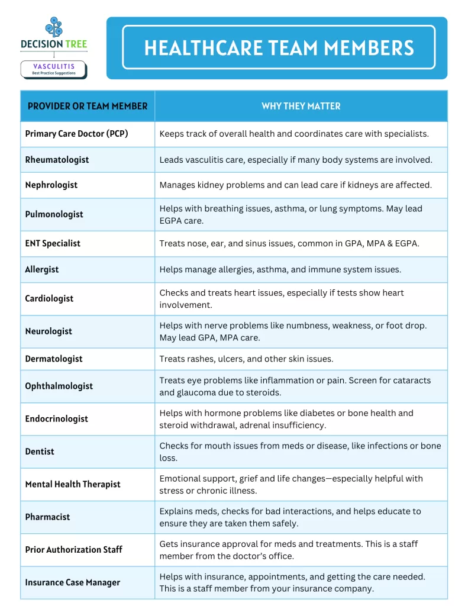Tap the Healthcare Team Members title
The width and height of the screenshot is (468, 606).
pyautogui.click(x=279, y=48)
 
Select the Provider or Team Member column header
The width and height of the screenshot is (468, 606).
pyautogui.click(x=88, y=106)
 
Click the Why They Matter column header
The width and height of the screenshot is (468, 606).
pyautogui.click(x=301, y=106)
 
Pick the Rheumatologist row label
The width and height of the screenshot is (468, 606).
pyautogui.click(x=57, y=159)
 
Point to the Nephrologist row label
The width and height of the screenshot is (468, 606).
pyautogui.click(x=51, y=185)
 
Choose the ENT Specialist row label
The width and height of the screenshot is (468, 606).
pyautogui.click(x=53, y=243)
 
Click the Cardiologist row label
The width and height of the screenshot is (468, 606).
pyautogui.click(x=49, y=298)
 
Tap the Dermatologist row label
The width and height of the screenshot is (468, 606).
pyautogui.click(x=54, y=359)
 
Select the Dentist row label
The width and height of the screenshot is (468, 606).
pyautogui.click(x=40, y=451)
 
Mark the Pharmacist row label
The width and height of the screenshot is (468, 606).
pyautogui.click(x=47, y=517)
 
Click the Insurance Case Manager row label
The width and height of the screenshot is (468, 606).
pyautogui.click(x=72, y=582)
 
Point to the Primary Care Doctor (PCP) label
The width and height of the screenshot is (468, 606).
pyautogui.click(x=76, y=134)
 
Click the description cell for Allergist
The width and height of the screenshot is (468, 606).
pyautogui.click(x=280, y=269)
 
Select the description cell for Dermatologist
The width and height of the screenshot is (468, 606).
pyautogui.click(x=246, y=359)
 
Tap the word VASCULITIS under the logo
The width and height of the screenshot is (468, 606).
pyautogui.click(x=54, y=67)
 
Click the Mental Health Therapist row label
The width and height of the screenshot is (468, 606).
pyautogui.click(x=72, y=484)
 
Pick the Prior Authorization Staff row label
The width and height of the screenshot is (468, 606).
pyautogui.click(x=73, y=549)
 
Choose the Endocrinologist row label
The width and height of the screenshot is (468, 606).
pyautogui.click(x=56, y=418)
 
